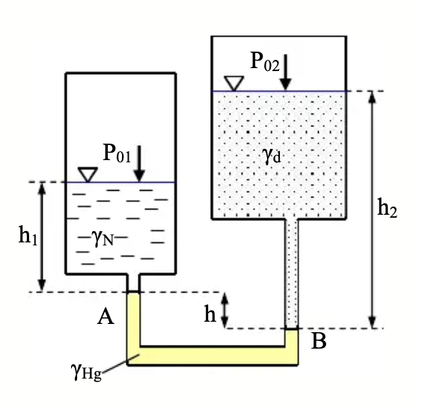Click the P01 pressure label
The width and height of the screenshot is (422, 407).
pyautogui.click(x=117, y=153)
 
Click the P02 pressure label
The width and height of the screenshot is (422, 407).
pyautogui.click(x=265, y=61)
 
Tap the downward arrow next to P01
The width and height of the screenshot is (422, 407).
pyautogui.click(x=139, y=164)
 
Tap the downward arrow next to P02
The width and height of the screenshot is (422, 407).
pyautogui.click(x=286, y=72)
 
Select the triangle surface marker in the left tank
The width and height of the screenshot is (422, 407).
pyautogui.click(x=88, y=174)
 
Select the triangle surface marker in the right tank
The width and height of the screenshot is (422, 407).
pyautogui.click(x=234, y=83)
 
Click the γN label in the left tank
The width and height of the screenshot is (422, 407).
pyautogui.click(x=103, y=238)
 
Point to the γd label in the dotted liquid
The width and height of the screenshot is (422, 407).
pyautogui.click(x=272, y=156)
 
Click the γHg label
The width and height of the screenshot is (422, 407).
pyautogui.click(x=86, y=372)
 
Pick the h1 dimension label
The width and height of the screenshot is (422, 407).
pyautogui.click(x=28, y=236)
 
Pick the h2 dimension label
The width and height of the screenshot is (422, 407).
pyautogui.click(x=388, y=207)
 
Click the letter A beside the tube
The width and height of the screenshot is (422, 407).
pyautogui.click(x=105, y=316)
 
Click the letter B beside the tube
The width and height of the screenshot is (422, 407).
pyautogui.click(x=319, y=341)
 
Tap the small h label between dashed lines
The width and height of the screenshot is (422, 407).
pyautogui.click(x=210, y=313)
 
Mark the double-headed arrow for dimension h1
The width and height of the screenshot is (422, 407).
pyautogui.click(x=41, y=237)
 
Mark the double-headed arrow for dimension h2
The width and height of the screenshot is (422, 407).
pyautogui.click(x=372, y=210)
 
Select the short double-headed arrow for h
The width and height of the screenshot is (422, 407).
pyautogui.click(x=224, y=310)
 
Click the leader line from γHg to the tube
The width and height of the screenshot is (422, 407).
pyautogui.click(x=120, y=364)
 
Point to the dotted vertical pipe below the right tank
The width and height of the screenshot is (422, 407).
pyautogui.click(x=292, y=274)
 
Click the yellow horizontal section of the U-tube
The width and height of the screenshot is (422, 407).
pyautogui.click(x=212, y=356)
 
